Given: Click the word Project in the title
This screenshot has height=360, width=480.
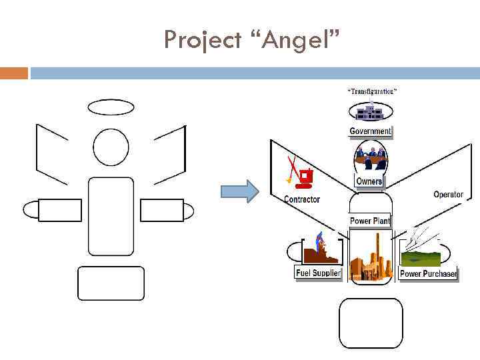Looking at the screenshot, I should [x=203, y=40].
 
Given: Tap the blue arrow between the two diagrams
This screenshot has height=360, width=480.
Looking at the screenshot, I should [x=239, y=191].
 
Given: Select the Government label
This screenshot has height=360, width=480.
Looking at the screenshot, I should [x=370, y=131].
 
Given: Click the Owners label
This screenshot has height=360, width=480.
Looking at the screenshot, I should [x=369, y=181].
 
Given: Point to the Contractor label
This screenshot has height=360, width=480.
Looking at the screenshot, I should [x=302, y=199].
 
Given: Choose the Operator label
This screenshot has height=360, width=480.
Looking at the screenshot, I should [x=448, y=195].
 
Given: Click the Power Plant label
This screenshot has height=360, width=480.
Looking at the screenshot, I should [x=370, y=221].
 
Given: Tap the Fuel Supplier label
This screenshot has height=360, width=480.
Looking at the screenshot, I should [x=318, y=273].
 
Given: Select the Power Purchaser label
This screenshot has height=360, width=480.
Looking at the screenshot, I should [x=428, y=274].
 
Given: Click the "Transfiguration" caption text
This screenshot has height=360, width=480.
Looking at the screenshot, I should [x=372, y=91].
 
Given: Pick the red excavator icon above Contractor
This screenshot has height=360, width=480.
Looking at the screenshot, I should [x=300, y=174].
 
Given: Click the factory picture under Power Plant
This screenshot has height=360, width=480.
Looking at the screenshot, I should [x=371, y=256].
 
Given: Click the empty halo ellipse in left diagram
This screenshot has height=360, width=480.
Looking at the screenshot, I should [x=111, y=107].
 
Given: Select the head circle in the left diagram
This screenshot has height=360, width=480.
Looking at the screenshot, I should [x=111, y=147].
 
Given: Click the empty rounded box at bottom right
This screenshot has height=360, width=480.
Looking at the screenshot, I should [x=371, y=323].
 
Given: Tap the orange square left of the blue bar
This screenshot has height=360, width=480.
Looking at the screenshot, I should [x=14, y=73].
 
